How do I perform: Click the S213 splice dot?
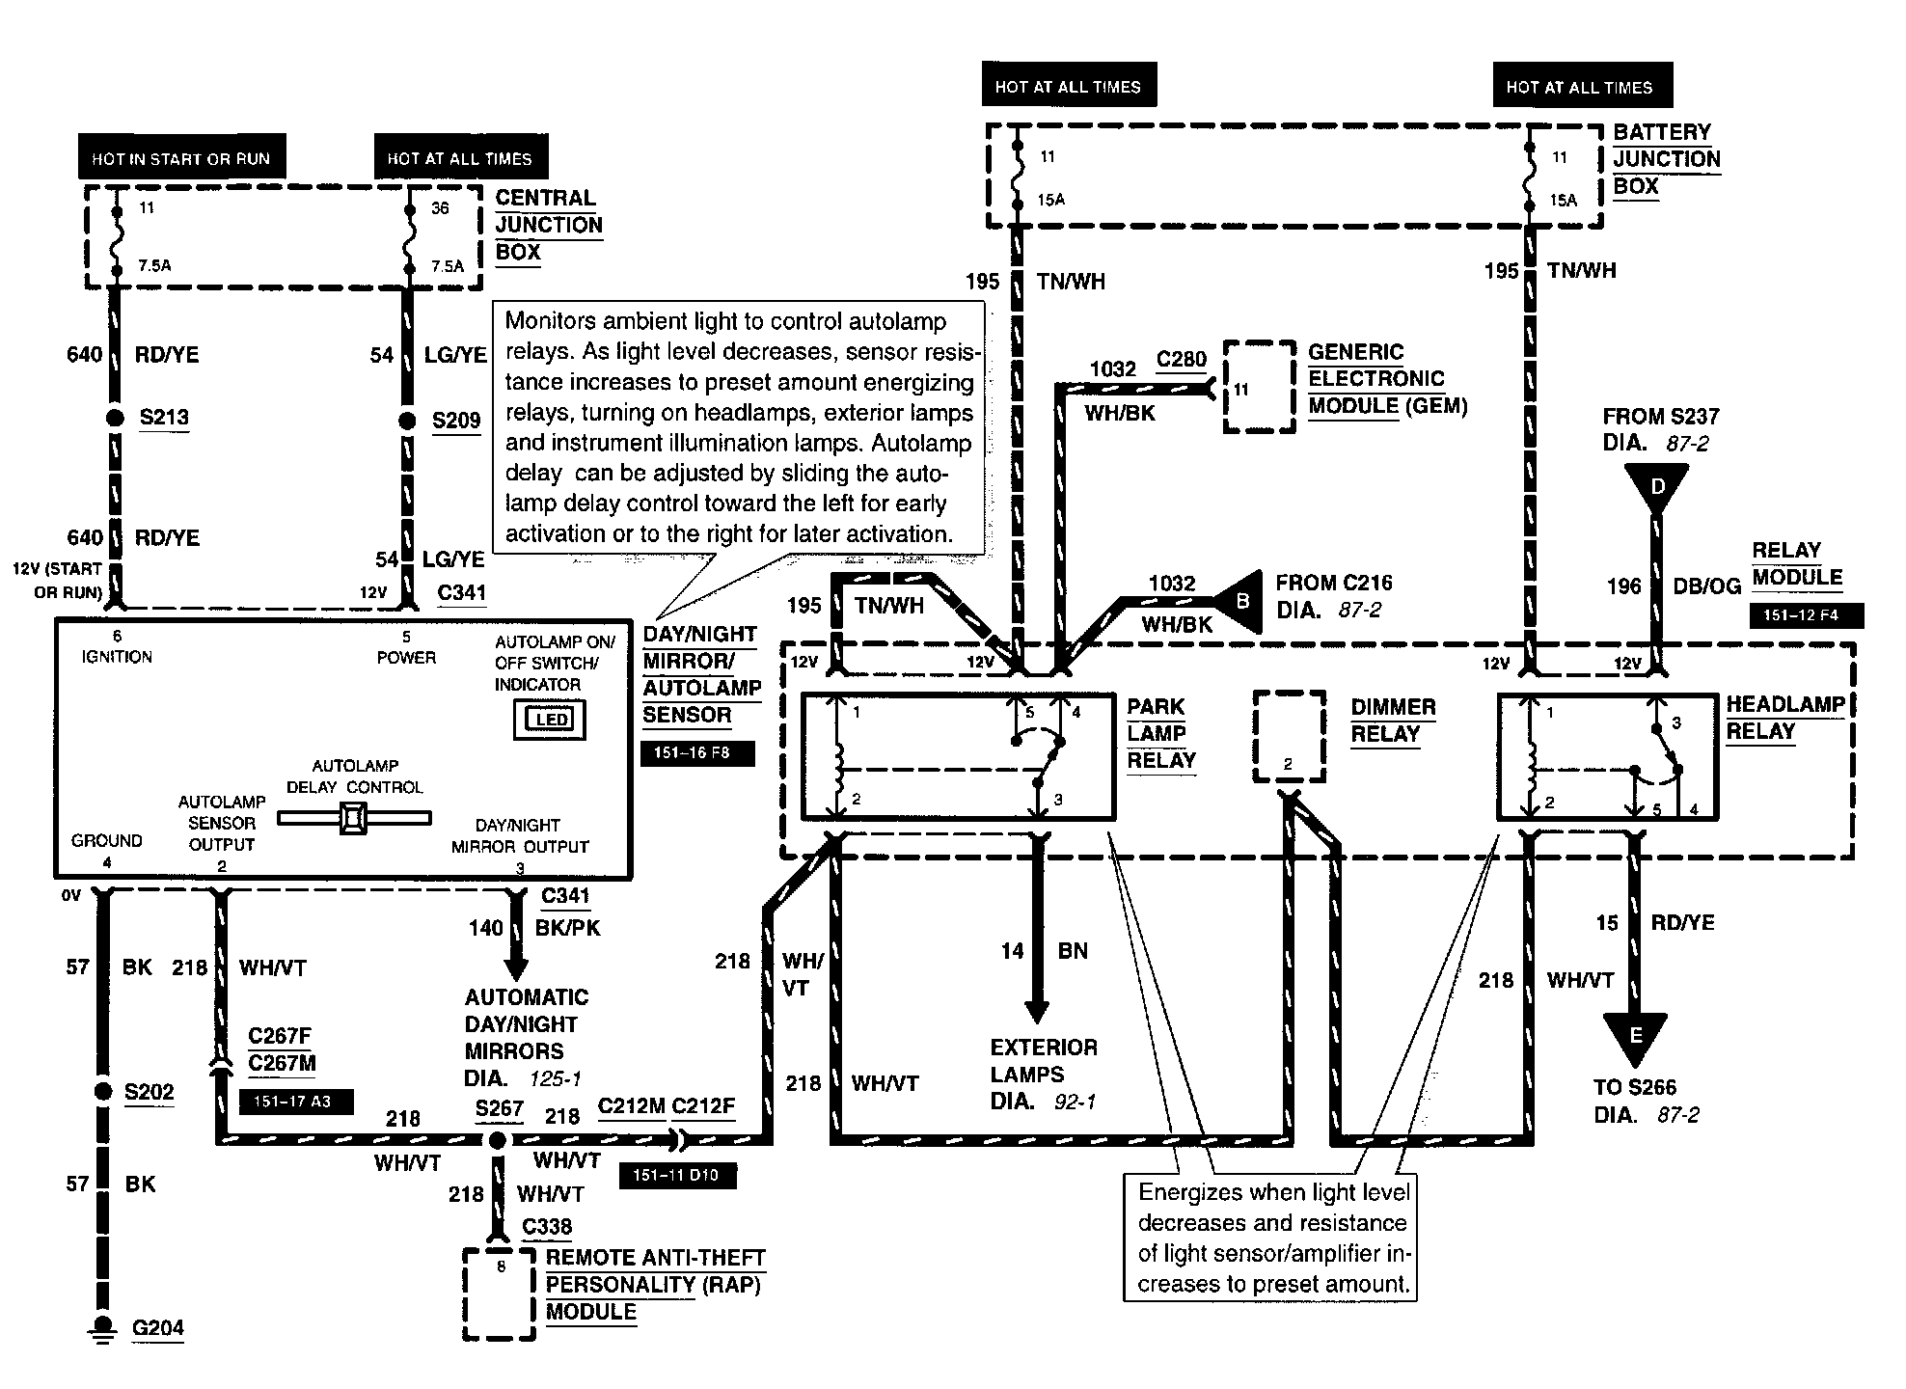click(x=115, y=419)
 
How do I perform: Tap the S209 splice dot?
click(x=407, y=421)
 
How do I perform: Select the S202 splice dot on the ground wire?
click(x=103, y=1092)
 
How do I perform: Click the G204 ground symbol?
click(x=100, y=1329)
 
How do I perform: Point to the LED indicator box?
click(x=550, y=720)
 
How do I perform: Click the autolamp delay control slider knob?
click(x=353, y=819)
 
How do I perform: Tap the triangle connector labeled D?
click(x=1656, y=488)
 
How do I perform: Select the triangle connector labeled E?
click(x=1635, y=1036)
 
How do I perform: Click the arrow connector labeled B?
click(x=1240, y=602)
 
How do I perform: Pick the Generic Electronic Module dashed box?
click(x=1259, y=387)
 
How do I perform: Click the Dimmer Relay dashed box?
click(x=1289, y=736)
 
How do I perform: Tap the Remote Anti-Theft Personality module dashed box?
click(x=499, y=1294)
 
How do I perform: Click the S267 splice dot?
click(x=497, y=1140)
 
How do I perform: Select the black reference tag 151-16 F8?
click(x=697, y=752)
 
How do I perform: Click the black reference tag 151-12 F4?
click(x=1806, y=615)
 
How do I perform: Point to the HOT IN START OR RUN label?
click(x=181, y=158)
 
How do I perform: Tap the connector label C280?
click(x=1182, y=360)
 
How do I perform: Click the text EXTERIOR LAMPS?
click(x=1044, y=1061)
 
